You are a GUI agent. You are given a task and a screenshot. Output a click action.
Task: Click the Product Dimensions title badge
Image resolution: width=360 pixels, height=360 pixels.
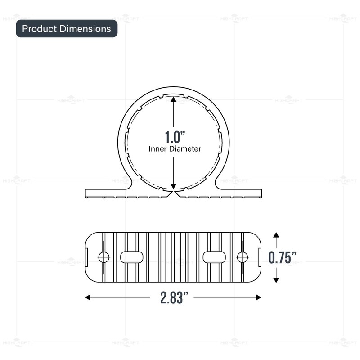pos(67,29)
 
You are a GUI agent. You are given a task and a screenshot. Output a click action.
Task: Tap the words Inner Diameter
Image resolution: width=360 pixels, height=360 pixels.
pos(175,148)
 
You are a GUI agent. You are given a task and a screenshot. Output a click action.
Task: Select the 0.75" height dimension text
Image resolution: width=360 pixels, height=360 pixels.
pos(283,257)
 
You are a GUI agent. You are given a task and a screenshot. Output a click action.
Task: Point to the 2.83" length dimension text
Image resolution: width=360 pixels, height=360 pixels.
pos(173,297)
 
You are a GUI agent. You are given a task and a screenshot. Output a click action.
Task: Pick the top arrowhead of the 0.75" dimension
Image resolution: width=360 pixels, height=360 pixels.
pos(276,235)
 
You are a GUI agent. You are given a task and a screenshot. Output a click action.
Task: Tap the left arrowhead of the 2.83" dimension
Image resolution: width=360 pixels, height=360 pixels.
pos(88,297)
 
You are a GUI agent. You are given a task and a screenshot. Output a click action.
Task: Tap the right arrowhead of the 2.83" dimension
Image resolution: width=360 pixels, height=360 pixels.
pos(258,297)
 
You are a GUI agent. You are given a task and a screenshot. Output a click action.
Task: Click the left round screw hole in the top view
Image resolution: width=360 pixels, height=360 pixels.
pos(104,257)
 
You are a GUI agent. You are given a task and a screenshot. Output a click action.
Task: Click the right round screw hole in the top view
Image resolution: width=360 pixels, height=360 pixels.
pos(243,257)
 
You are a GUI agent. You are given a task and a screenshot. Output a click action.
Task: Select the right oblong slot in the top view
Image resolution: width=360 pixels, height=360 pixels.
pos(215,257)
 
